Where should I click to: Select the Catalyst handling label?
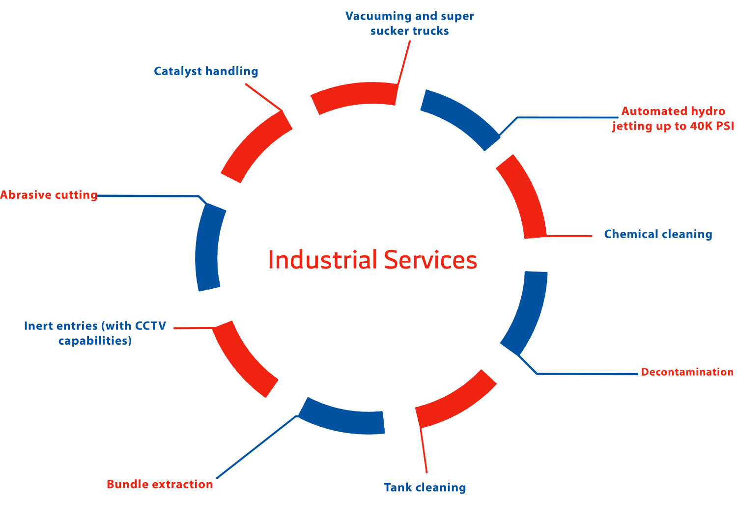click(x=206, y=71)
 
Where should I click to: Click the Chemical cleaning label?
click(x=658, y=234)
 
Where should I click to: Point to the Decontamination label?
click(x=687, y=372)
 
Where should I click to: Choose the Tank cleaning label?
click(x=425, y=488)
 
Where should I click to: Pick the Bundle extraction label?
click(x=160, y=485)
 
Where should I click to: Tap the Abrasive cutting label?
click(x=49, y=195)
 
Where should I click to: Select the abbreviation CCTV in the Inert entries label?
click(x=150, y=326)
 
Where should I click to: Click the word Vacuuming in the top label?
click(x=378, y=16)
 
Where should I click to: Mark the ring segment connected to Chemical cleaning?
click(x=523, y=196)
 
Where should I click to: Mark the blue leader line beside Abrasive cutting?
click(x=147, y=196)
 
